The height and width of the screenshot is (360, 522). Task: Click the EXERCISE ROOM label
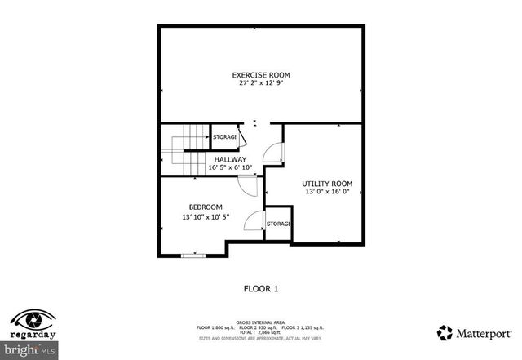[x=260, y=75]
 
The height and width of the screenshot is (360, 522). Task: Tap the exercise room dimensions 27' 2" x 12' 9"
[x=260, y=83]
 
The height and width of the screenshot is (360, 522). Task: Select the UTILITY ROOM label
[x=327, y=184]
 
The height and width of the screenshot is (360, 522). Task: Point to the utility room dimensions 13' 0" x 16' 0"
[x=327, y=193]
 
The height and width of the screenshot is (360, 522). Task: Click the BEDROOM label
[x=206, y=207]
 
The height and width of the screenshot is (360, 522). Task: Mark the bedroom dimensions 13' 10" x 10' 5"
[x=206, y=217]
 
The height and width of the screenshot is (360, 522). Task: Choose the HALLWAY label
[x=230, y=159]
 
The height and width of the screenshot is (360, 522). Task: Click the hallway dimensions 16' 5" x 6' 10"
[x=230, y=168]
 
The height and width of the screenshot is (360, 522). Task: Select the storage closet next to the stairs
[x=225, y=136]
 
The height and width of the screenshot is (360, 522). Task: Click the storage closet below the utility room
[x=278, y=224]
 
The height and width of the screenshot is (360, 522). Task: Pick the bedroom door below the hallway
[x=247, y=186]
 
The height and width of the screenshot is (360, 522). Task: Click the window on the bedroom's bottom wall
[x=193, y=256]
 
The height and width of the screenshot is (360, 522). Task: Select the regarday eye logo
[x=33, y=319]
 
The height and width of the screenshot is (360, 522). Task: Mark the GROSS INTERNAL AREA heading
[x=261, y=322]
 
